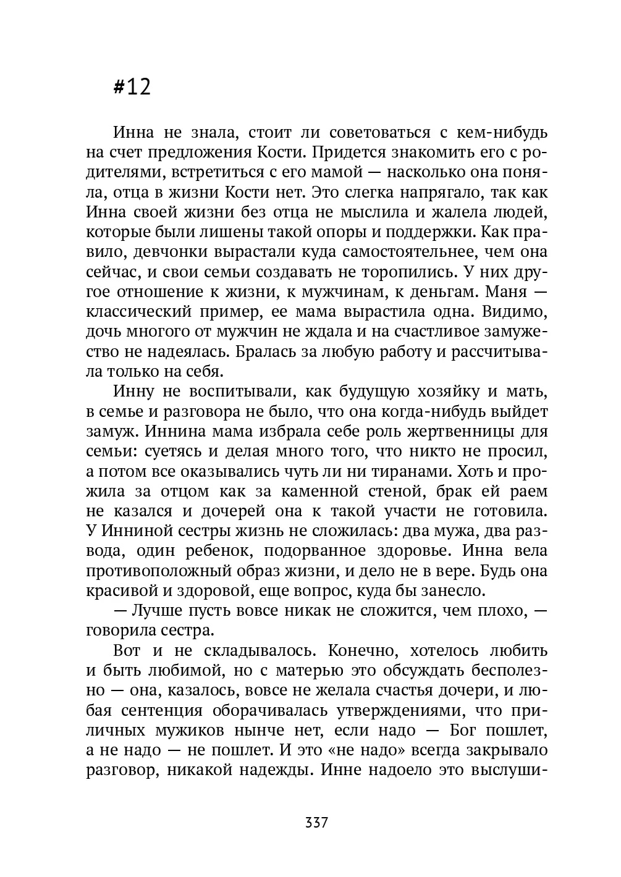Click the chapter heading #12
(132, 87)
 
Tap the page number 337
(316, 823)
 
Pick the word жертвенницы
(457, 431)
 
